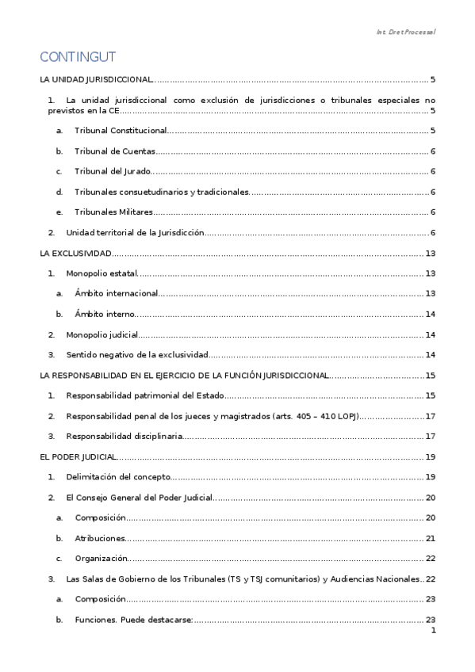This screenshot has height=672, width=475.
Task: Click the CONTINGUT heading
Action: point(78,57)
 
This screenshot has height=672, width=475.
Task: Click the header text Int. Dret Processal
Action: point(405,32)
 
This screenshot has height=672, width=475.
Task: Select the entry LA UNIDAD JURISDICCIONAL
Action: point(96,80)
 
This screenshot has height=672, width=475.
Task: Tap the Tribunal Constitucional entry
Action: point(121,130)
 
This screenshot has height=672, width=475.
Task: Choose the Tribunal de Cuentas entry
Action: point(114,151)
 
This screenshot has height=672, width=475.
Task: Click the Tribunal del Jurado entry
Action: point(111,171)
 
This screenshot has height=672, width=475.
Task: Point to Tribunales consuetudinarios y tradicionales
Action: point(161,192)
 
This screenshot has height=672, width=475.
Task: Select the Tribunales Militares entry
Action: point(113,212)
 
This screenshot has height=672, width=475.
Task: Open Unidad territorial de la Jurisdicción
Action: point(135,233)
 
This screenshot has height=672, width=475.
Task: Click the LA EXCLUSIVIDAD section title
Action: point(75,254)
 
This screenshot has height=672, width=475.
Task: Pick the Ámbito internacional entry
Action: point(117,294)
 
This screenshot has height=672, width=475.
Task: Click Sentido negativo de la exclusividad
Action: point(137,355)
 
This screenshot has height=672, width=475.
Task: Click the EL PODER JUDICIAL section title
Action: point(79,456)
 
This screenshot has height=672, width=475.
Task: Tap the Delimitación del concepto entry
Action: point(118,477)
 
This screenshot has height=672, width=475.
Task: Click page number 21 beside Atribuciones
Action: point(431,539)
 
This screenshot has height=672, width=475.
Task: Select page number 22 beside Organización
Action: point(431,559)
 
